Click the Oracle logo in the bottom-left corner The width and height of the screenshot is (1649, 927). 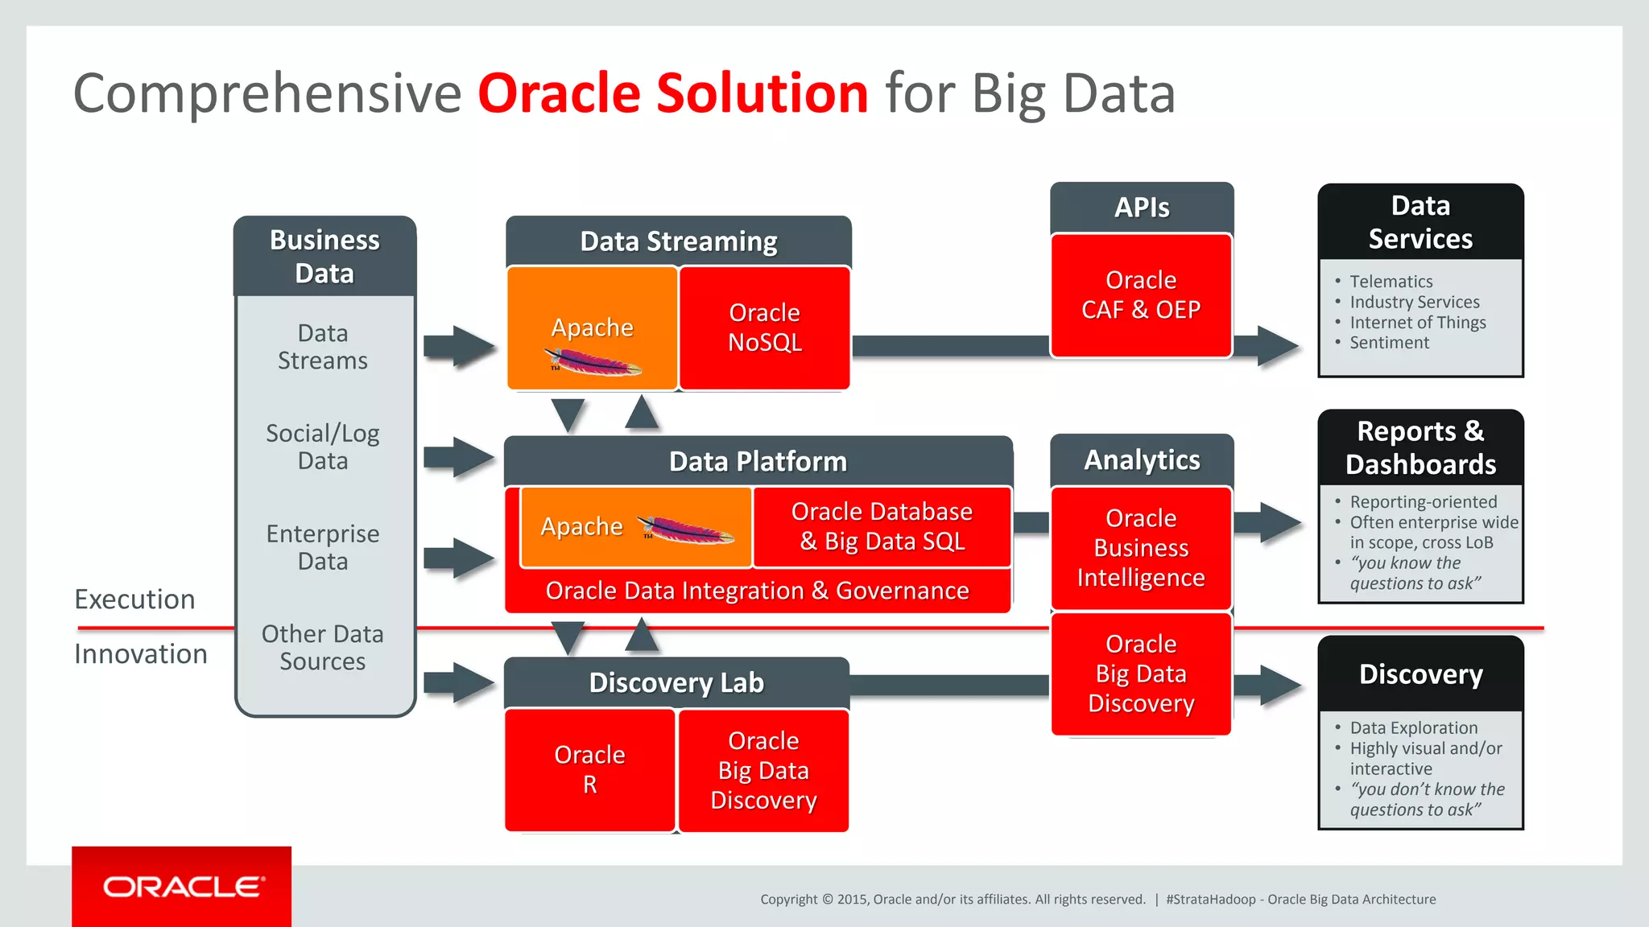(x=182, y=887)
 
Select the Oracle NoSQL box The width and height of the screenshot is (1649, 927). (x=764, y=328)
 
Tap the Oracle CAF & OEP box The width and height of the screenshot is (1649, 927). (x=1141, y=295)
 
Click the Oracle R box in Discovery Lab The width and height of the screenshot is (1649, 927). (x=589, y=769)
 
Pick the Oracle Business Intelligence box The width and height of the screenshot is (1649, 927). (x=1141, y=548)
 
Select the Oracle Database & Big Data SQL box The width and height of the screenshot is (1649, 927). (x=882, y=526)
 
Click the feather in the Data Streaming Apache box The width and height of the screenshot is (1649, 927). (x=593, y=362)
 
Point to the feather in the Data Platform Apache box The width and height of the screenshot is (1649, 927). (x=686, y=529)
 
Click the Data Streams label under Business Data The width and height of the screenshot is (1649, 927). (x=323, y=347)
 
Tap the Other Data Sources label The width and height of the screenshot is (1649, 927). (x=323, y=648)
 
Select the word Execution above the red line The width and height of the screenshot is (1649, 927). (x=134, y=599)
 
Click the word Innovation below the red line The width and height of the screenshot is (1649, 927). (x=141, y=654)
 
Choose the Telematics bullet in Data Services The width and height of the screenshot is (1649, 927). (x=1391, y=282)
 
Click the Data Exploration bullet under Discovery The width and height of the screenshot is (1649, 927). (x=1413, y=728)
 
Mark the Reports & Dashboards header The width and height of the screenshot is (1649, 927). (x=1420, y=448)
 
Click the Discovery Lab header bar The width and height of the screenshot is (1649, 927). (x=676, y=682)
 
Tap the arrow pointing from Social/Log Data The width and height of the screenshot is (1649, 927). (x=459, y=457)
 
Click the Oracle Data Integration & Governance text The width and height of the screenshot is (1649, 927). (x=757, y=591)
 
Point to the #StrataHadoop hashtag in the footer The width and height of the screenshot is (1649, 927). (x=1209, y=900)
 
